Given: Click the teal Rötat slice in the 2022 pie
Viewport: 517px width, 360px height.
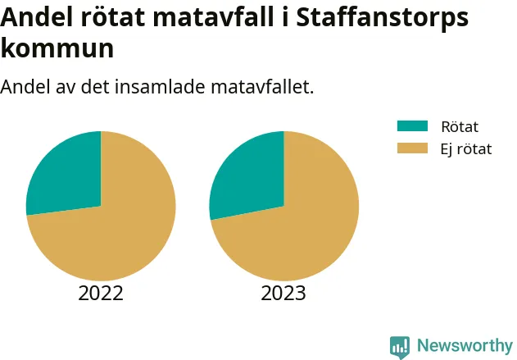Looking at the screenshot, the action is [x=70, y=175].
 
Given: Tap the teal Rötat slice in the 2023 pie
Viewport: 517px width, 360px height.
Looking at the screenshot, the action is [x=252, y=176].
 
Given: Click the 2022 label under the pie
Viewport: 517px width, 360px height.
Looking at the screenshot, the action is [x=101, y=293].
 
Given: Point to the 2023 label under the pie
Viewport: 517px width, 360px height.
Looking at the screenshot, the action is [x=283, y=293].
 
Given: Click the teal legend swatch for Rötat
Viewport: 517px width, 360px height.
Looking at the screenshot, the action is [x=412, y=126].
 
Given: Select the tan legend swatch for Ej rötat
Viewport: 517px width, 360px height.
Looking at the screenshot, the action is [x=412, y=148].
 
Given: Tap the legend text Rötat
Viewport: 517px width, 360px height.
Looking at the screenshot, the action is [x=460, y=127].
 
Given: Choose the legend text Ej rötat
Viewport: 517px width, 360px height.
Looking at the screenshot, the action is [x=466, y=149].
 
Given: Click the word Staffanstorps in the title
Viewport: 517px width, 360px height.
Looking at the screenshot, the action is [x=382, y=17].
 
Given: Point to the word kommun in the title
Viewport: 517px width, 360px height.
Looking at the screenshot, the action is [x=57, y=48].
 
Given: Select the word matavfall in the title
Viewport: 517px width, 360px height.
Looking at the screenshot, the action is [x=213, y=17].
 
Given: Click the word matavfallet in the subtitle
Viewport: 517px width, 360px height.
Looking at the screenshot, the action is [x=262, y=87].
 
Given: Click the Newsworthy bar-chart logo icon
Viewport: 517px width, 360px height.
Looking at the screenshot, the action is [x=400, y=347].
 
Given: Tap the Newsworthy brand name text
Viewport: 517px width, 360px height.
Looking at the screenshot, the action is [x=465, y=345].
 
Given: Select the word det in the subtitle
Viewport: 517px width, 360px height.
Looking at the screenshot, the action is [x=95, y=87].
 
